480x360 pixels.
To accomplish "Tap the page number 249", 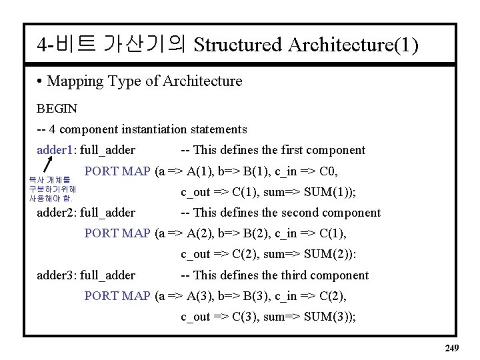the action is (x=451, y=347).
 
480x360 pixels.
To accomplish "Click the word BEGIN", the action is (x=57, y=108).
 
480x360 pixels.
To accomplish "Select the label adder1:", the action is (x=56, y=150).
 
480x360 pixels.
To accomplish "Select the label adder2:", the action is (x=56, y=213).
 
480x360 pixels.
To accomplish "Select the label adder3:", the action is (x=56, y=275).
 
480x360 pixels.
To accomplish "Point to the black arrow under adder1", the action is (x=49, y=163).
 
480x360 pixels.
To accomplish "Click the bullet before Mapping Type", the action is (x=41, y=82).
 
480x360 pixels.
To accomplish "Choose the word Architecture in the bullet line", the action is (x=203, y=81).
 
